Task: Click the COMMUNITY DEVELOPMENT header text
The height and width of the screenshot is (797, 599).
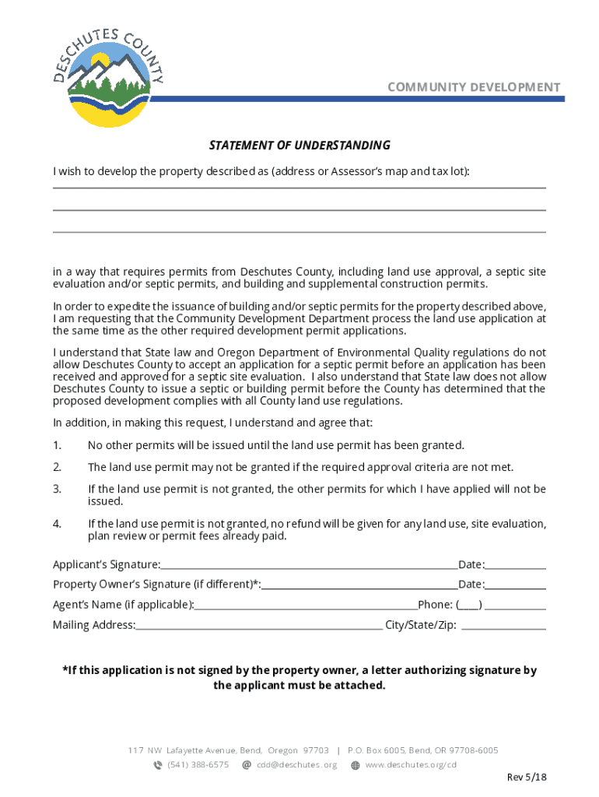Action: tap(474, 87)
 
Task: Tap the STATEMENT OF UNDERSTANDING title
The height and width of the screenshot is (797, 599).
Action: tap(299, 146)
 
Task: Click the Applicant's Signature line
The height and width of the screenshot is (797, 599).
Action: tap(309, 568)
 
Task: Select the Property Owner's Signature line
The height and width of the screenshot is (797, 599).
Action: tap(359, 588)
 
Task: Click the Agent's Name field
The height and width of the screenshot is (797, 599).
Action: tap(306, 609)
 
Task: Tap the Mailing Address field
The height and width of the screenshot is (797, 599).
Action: tap(258, 629)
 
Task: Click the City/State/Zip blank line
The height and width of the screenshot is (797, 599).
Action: tap(503, 627)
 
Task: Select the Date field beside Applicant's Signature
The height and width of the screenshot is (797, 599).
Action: tap(516, 568)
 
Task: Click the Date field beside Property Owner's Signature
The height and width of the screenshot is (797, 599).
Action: tap(516, 588)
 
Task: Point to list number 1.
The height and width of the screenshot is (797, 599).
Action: tap(57, 445)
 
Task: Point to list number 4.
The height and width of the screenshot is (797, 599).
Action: tap(57, 524)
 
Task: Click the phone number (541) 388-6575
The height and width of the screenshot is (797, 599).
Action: tap(198, 764)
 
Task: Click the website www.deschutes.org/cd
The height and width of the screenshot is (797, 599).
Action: tap(410, 764)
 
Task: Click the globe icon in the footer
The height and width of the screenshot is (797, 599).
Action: tap(356, 765)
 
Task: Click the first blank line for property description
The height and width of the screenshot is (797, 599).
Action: tap(299, 188)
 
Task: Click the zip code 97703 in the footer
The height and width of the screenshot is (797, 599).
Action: tap(316, 750)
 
